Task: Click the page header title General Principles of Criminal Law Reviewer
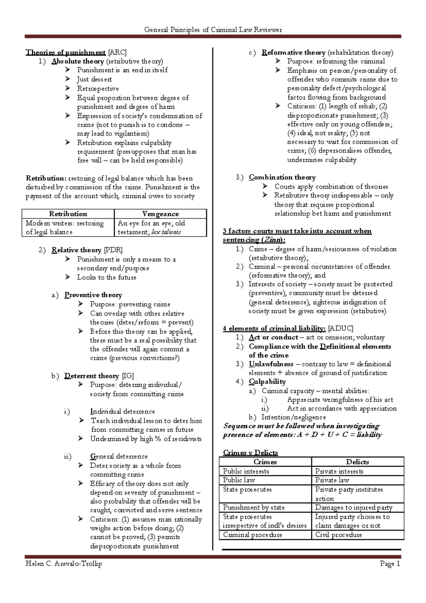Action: tap(213, 30)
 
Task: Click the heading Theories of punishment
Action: tap(66, 53)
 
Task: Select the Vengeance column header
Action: tap(160, 214)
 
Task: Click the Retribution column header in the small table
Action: tap(68, 214)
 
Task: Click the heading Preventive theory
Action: tap(93, 295)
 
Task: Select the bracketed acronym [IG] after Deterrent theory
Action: tap(128, 376)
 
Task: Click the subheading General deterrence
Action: tap(119, 457)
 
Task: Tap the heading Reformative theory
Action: tap(293, 53)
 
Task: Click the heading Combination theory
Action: tap(282, 177)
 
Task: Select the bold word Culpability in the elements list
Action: tap(267, 382)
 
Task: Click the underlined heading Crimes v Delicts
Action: tap(250, 453)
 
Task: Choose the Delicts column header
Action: tap(357, 462)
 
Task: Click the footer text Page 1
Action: tap(390, 564)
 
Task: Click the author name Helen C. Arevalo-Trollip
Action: tap(64, 564)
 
